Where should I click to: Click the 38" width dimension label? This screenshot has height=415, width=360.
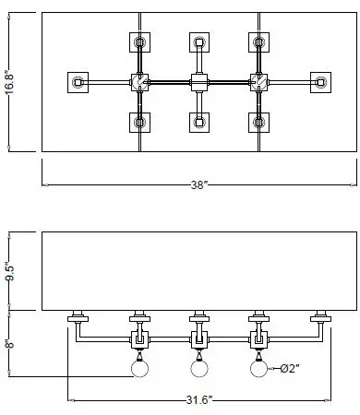198,185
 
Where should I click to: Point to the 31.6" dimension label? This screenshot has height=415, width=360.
198,399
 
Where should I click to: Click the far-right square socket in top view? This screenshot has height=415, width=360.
320,82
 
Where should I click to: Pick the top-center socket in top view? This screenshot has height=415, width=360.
198,42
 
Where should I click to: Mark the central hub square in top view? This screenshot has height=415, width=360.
198,82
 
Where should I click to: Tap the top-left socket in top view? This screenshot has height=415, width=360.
139,42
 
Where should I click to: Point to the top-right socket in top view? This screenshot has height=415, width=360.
257,42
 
